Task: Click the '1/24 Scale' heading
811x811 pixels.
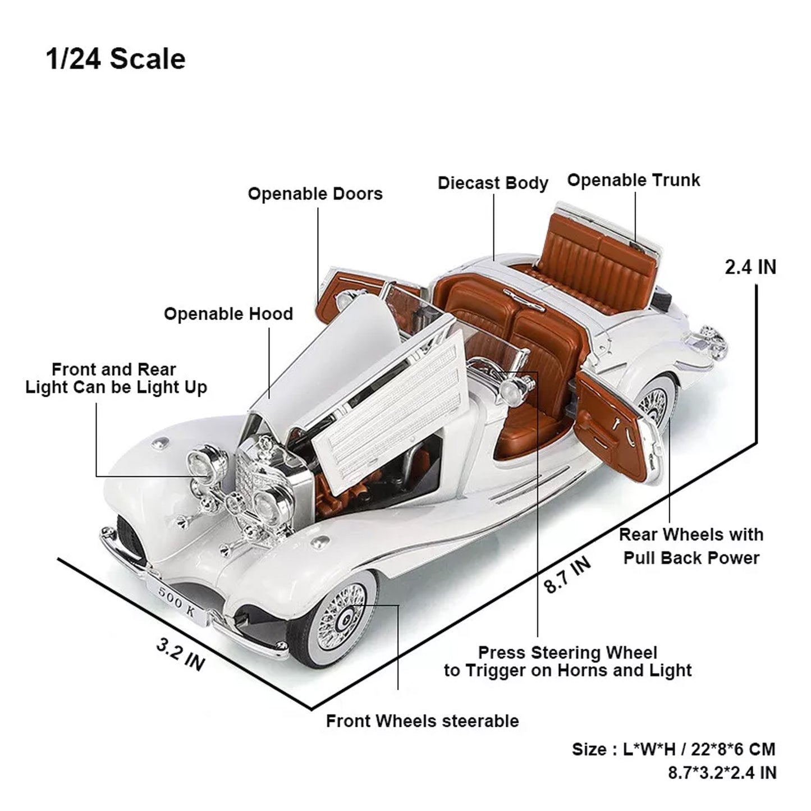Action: pos(116,59)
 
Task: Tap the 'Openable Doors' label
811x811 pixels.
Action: pos(315,194)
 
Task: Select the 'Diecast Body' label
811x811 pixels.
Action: pos(493,184)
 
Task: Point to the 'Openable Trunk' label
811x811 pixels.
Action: pos(634,181)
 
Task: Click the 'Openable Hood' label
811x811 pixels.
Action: pos(228,314)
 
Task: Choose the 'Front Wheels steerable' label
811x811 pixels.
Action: pos(422,721)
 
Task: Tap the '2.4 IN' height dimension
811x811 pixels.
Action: pos(750,268)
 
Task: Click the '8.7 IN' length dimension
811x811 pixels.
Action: pos(568,575)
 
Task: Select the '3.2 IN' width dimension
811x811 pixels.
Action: pos(180,655)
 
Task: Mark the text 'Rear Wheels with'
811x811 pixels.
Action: pos(691,535)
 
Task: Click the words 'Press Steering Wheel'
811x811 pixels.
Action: pos(567,653)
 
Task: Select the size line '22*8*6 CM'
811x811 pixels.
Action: pos(673,749)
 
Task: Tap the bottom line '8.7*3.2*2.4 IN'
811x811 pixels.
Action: pos(722,773)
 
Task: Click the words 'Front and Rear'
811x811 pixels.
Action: pos(114,370)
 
